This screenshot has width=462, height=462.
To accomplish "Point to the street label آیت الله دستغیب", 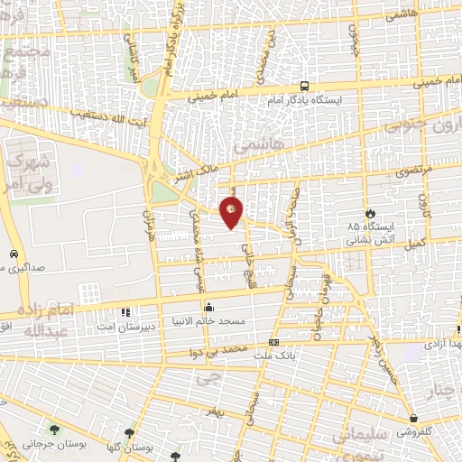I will pos(109,116).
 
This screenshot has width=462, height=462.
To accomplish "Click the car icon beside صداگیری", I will pos(16,254).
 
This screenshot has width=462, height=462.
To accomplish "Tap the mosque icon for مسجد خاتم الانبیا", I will pos(209,307).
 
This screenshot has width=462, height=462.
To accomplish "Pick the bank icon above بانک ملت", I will pos(273,342).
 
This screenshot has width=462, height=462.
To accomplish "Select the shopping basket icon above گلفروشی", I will pos(413,419).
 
